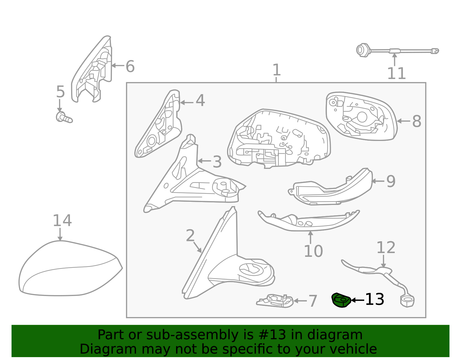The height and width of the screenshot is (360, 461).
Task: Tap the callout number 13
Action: pos(375,299)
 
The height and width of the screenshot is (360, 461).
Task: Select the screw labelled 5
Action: pos(64,117)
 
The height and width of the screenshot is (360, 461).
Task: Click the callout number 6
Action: pos(130,66)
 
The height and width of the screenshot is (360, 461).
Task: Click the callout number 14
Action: pos(62,220)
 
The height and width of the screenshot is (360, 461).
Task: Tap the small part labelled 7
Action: pos(275,301)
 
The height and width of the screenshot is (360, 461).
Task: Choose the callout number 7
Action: pos(313,301)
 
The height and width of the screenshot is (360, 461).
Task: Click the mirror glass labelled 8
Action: pos(361,116)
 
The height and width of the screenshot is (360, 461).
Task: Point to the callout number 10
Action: pos(313,251)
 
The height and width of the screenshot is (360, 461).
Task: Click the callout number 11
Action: pos(396,73)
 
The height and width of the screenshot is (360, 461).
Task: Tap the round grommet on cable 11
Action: pos(362,50)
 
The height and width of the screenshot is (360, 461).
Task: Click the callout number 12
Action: pos(386,247)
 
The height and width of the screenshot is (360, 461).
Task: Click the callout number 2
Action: pos(190,235)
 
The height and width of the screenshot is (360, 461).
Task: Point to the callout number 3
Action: pos(217,162)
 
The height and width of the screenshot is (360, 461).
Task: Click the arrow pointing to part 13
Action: pos(358,300)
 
